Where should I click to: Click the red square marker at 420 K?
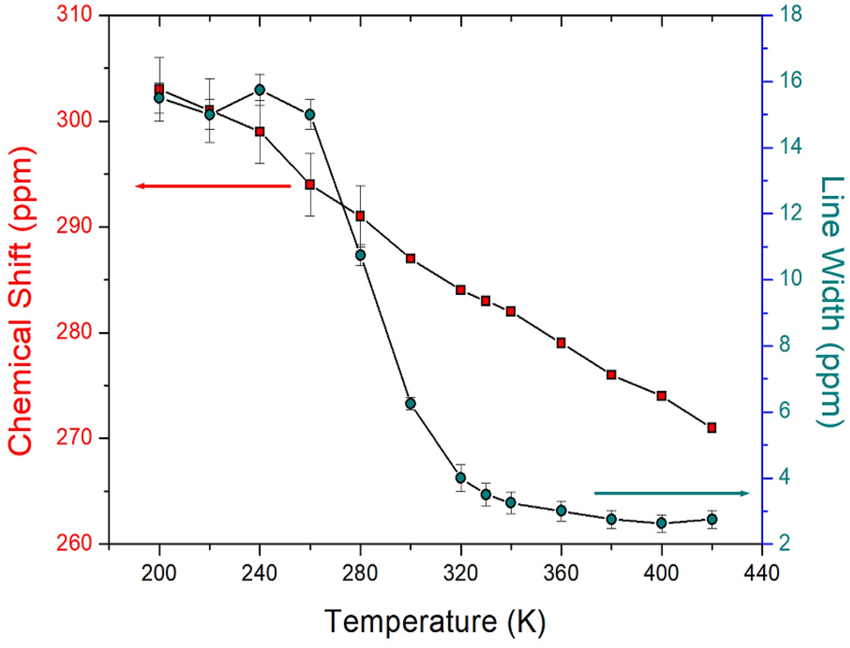click(711, 428)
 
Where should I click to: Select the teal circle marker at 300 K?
click(410, 404)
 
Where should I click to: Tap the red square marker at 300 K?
click(410, 258)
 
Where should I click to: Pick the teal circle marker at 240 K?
click(260, 90)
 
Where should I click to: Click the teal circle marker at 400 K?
click(661, 523)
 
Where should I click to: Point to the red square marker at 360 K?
click(561, 342)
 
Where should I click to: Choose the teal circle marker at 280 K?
click(360, 255)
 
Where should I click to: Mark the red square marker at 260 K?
click(310, 184)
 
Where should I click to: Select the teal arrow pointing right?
click(672, 493)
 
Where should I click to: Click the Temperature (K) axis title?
click(436, 621)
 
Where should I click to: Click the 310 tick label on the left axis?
click(76, 16)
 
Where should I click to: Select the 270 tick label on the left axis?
click(76, 438)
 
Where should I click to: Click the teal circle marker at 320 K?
click(460, 478)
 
